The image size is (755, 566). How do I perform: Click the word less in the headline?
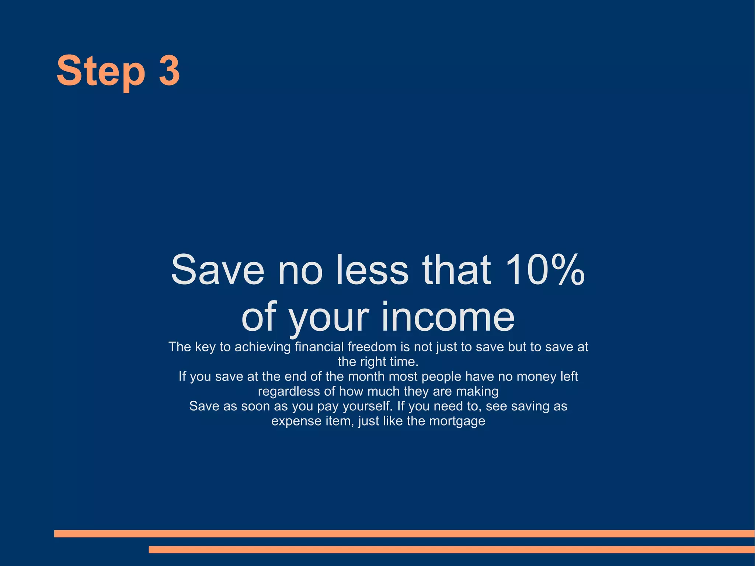pos(372,270)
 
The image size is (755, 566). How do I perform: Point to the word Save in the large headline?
pos(218,270)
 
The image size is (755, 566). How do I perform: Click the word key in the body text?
pos(205,347)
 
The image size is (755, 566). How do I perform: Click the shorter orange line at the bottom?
pos(452,549)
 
